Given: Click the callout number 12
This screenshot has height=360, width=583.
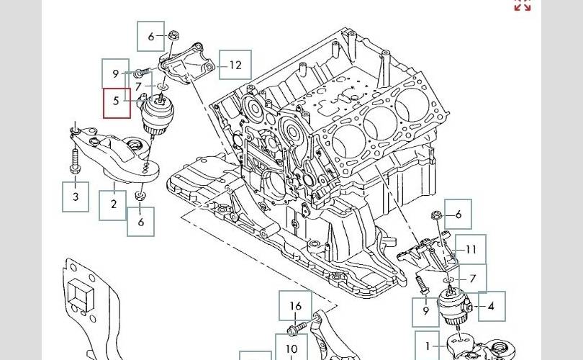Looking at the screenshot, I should click(x=235, y=65).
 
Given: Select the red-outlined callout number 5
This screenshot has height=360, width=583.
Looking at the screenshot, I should click(x=116, y=102).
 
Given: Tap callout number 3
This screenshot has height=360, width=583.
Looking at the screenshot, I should click(x=75, y=195).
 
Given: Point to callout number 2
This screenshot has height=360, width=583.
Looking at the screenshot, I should click(x=114, y=204).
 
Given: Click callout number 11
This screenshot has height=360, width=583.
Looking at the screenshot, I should click(x=471, y=250).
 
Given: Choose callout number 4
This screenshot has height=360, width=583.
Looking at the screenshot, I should click(x=490, y=306).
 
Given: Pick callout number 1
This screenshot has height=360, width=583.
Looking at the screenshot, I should click(x=428, y=346).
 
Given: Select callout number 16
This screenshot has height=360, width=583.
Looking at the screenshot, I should click(x=296, y=306).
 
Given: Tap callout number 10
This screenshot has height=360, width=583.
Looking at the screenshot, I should click(x=291, y=350).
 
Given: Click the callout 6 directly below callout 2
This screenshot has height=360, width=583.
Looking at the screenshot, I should click(x=141, y=222).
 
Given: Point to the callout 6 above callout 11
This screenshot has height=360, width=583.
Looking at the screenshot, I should click(x=458, y=214).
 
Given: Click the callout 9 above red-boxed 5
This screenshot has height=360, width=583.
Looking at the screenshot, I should click(x=115, y=73).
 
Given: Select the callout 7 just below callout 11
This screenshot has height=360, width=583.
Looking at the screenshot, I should click(x=472, y=279).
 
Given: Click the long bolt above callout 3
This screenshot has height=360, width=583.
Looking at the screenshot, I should click(x=75, y=162).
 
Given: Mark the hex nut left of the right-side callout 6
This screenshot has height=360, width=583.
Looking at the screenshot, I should click(x=435, y=215).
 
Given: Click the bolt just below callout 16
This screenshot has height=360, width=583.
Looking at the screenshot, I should click(x=294, y=331).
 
